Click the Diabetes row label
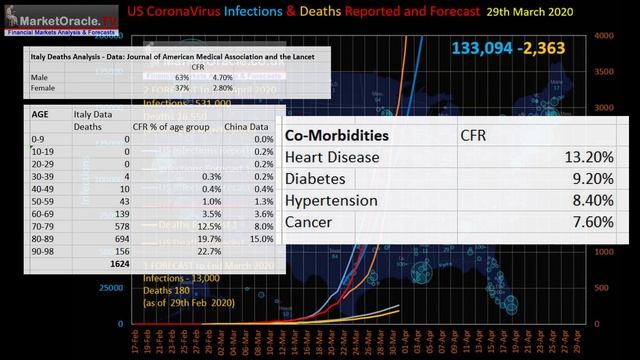pos(317,178)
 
